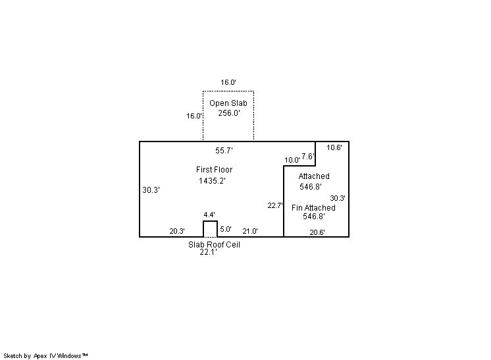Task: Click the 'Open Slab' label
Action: coord(228,103)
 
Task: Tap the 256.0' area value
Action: coord(229,113)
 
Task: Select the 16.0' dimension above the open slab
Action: coord(228,82)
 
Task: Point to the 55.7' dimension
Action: coord(224,150)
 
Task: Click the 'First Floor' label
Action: coord(214,170)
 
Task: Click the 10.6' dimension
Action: coord(334,147)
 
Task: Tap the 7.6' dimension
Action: coord(308,157)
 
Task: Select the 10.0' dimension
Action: coord(292,160)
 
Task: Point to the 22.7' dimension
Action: coord(275,205)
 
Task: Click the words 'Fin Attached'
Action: coord(313,208)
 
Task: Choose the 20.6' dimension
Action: coord(317,232)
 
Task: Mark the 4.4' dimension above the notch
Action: coord(209,215)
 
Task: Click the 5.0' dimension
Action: coord(226,229)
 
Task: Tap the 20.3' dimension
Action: coord(177,231)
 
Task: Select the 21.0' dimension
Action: coord(250,231)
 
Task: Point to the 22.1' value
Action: coord(208,251)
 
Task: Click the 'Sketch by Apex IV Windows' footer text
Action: coord(45,355)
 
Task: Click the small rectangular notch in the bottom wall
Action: coord(210,228)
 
